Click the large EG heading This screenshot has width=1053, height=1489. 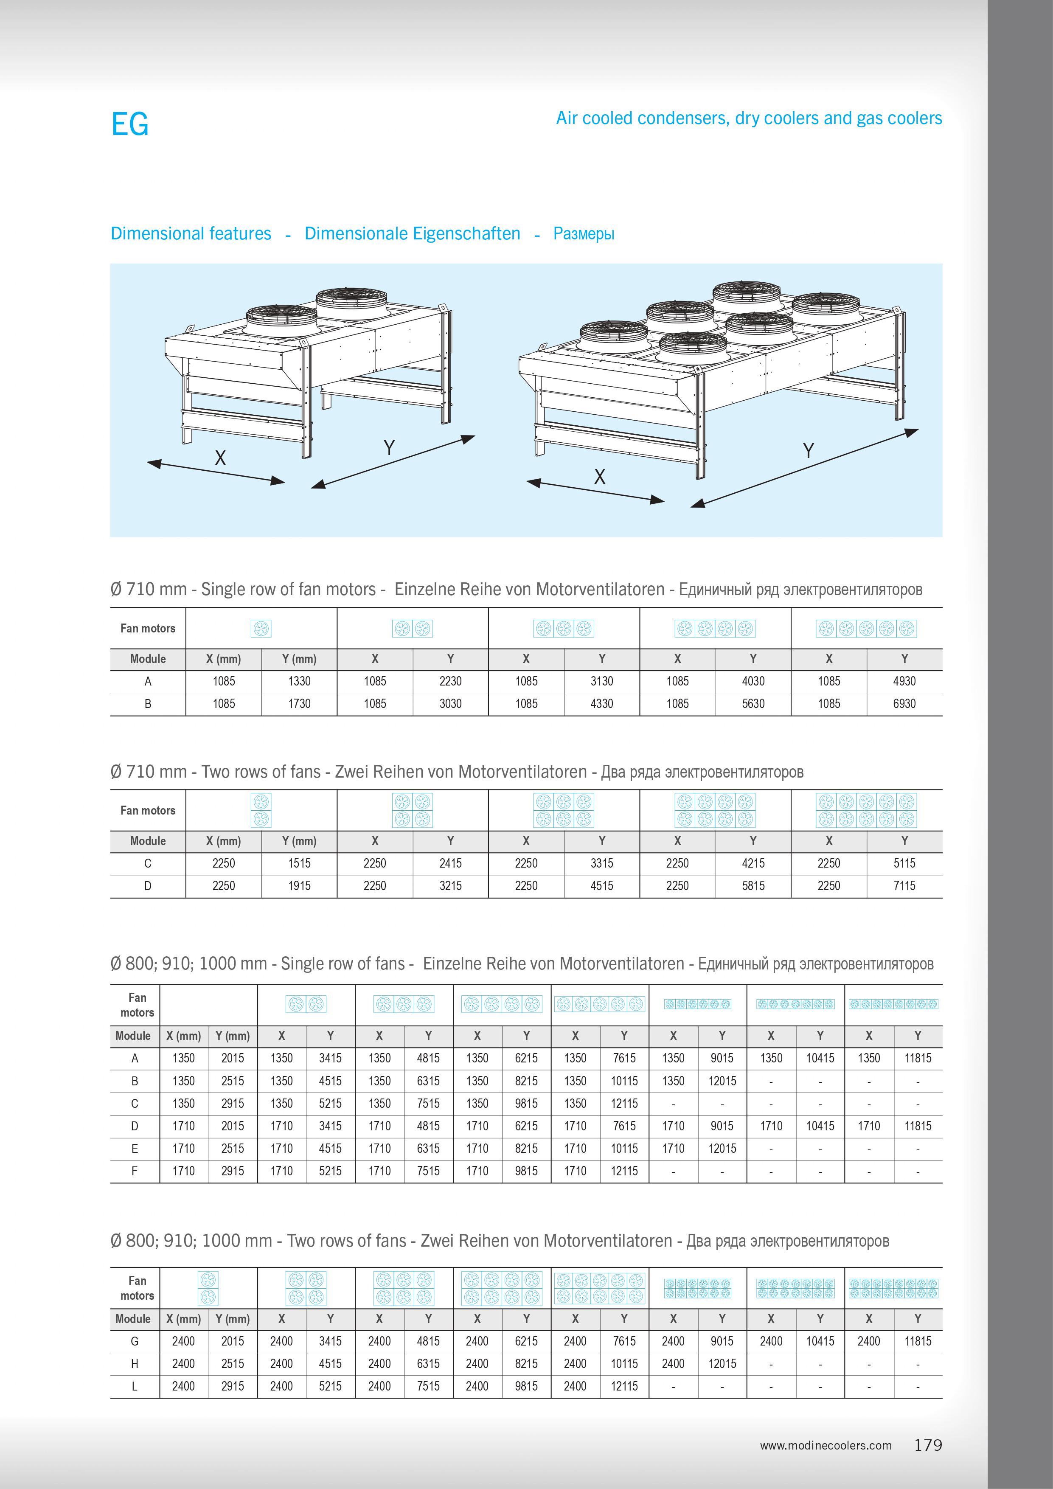pos(130,124)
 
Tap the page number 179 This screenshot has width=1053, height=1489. pos(928,1445)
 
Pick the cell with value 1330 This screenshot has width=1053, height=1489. pos(299,681)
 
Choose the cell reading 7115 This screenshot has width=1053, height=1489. pos(904,886)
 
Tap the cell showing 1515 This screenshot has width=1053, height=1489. pos(299,863)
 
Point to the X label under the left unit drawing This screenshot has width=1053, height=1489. pos(220,458)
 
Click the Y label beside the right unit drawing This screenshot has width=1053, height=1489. pos(808,451)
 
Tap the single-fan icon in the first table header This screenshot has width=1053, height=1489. pos(261,629)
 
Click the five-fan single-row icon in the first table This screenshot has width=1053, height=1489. pos(866,629)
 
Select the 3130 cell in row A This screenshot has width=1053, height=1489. pos(602,681)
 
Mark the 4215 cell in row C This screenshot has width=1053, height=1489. pos(753,863)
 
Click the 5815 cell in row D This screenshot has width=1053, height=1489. pos(753,886)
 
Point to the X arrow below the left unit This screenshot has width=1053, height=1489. pos(216,472)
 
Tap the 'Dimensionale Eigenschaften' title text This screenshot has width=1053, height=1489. pos(413,233)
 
